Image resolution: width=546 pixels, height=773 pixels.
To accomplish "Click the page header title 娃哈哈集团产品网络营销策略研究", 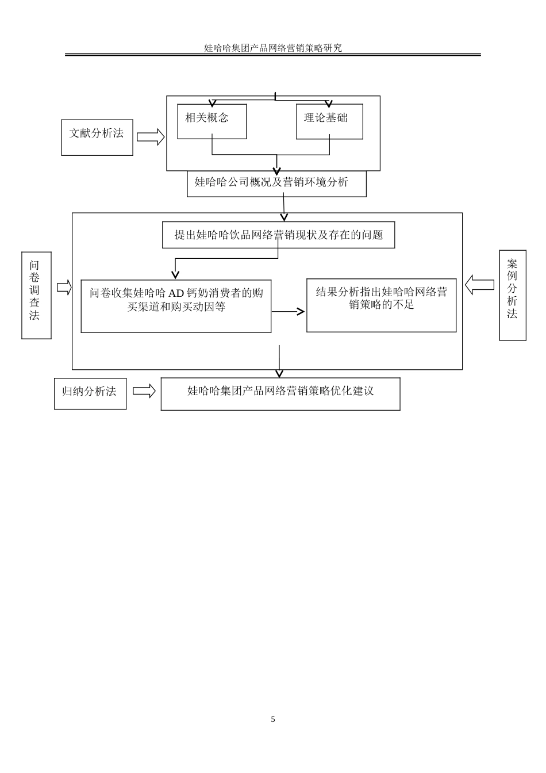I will (273, 48).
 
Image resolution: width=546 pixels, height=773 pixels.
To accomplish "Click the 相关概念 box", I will (212, 121).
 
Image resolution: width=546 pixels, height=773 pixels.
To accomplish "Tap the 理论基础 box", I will (329, 121).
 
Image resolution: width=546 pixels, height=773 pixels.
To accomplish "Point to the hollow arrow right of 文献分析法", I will (151, 137).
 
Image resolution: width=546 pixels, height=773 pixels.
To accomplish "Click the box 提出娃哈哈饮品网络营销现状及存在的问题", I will (278, 235).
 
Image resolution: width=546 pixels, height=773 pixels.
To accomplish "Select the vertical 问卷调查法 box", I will (36, 295).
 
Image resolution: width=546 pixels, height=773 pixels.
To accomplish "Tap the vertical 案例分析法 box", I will (512, 295).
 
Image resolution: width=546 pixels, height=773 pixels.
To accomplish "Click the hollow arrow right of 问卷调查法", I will (64, 287).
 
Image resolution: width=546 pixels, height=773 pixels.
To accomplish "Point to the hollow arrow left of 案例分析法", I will (479, 284).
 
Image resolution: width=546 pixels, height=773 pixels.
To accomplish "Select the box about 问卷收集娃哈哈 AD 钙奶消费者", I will (176, 306).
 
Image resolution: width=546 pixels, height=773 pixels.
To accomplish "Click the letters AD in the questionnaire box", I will (176, 293).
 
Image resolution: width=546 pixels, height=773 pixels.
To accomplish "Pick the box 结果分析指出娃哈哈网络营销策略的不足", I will (381, 305).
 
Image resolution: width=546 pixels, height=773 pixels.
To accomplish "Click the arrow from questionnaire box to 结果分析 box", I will (289, 312).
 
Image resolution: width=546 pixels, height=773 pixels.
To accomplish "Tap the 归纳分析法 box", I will (90, 393).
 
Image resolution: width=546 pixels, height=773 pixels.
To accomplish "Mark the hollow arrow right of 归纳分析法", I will (144, 391).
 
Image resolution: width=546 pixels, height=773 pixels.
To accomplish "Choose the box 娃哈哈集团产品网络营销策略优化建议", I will (280, 393).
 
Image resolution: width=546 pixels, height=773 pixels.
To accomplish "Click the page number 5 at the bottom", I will (273, 719).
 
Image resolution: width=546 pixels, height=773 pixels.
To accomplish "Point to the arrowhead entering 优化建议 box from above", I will (279, 374).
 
